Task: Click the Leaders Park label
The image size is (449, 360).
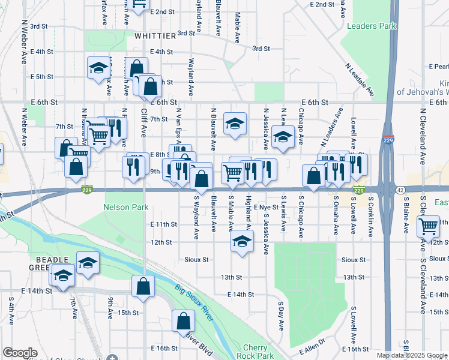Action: (x=372, y=26)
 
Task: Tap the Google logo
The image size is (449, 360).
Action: (x=20, y=353)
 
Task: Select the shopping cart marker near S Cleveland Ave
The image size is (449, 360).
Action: (x=428, y=227)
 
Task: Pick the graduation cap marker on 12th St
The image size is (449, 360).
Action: (x=242, y=242)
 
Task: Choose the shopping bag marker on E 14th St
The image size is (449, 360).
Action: (x=143, y=287)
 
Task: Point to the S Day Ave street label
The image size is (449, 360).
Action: (x=280, y=316)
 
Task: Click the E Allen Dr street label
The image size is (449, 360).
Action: (x=312, y=350)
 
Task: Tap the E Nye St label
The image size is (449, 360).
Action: (x=267, y=206)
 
